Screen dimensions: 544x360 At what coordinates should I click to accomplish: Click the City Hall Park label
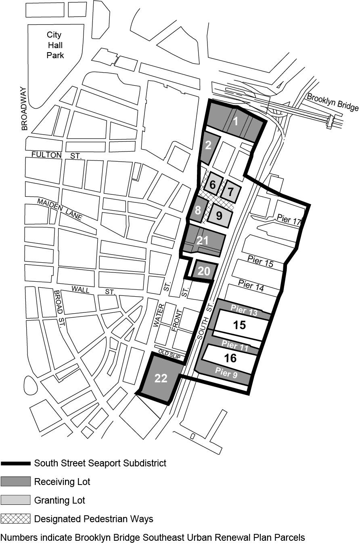coord(54,45)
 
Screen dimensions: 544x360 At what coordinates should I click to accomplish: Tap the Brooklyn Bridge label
coord(333,102)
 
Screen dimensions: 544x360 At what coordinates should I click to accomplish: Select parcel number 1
coord(236,120)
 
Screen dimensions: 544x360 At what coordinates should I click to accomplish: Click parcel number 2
coord(208,145)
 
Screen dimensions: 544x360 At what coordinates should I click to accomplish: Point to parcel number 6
coord(213,186)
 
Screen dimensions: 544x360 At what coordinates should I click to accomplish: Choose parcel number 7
coord(231,191)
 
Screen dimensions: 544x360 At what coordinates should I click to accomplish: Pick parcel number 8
coord(197,210)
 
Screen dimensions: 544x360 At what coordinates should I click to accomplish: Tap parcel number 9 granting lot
coord(219,215)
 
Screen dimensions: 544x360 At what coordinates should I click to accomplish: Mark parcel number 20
coord(204,271)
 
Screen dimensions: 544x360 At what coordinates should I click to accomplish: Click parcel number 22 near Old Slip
coord(161,378)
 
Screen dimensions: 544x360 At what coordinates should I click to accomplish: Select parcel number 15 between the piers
coord(239,325)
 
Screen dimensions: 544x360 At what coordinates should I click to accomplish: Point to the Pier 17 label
coord(289,220)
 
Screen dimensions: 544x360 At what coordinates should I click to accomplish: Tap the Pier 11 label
coord(235,345)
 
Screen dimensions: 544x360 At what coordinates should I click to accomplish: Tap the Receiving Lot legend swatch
coord(15,481)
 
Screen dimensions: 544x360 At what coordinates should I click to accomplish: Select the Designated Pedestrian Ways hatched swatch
coord(15,519)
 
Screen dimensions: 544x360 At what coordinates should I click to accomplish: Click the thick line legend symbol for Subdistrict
coord(15,463)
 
